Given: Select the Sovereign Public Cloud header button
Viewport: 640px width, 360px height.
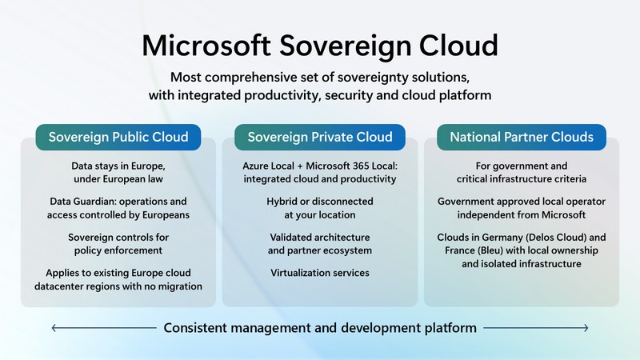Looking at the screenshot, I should [118, 137].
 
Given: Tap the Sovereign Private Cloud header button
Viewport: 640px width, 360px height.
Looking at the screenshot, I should [319, 137].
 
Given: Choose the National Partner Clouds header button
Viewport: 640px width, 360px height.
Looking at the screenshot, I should [522, 137].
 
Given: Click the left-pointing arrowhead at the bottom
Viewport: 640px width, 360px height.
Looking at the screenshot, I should [54, 327].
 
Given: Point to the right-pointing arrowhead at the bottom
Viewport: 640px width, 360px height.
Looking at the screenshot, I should [586, 327].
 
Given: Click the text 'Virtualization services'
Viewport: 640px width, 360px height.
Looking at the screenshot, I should [319, 273].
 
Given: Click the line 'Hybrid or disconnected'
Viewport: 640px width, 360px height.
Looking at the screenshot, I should [319, 202].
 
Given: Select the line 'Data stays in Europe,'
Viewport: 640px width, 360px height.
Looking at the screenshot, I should [118, 166].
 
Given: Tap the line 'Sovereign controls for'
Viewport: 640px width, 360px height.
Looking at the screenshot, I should [118, 238].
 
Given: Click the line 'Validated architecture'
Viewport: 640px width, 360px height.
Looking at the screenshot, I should [319, 238].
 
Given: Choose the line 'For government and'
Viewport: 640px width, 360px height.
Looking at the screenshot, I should [522, 166].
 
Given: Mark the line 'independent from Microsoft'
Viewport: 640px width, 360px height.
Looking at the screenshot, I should [522, 214].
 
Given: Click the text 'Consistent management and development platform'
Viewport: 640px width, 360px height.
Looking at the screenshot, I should [320, 327].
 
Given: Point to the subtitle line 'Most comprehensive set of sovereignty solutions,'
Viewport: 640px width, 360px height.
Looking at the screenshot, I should [320, 78].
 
